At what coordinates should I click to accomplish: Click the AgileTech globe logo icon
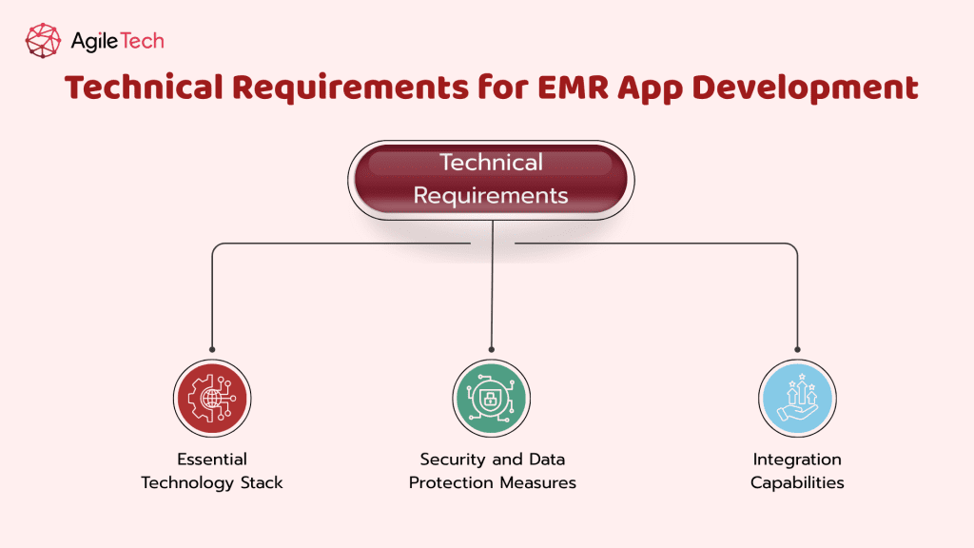point(43,41)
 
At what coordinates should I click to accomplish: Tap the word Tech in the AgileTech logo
point(141,41)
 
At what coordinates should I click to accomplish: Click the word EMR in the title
point(574,87)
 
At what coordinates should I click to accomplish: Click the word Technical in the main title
point(144,87)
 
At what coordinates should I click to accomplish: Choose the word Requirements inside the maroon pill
point(491,196)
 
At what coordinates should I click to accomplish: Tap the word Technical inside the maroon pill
point(492,162)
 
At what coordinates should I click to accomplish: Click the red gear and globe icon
point(212,399)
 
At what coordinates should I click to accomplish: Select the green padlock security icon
point(492,399)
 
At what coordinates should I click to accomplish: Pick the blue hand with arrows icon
point(798,399)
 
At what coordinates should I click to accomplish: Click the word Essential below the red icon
point(212,460)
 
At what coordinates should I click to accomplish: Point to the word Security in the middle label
point(453,460)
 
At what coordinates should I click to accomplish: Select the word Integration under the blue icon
point(798,460)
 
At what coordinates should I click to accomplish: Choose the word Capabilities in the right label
point(798,482)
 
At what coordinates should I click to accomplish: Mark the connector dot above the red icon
point(212,350)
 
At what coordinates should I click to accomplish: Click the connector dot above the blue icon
point(798,350)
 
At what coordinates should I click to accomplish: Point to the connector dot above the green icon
point(492,350)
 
